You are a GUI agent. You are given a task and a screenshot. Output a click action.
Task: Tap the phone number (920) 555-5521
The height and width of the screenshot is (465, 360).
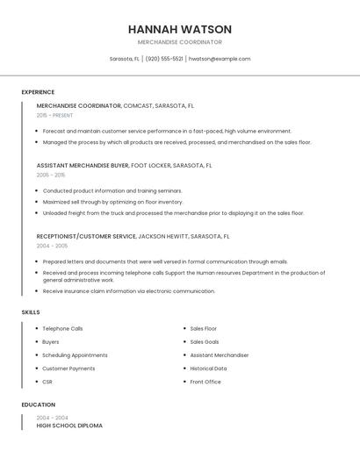pyautogui.click(x=164, y=59)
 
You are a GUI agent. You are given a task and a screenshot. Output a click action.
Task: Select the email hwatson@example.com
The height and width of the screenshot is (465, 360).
pyautogui.click(x=220, y=59)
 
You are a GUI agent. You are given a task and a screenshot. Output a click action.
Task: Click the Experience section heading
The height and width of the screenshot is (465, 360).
pyautogui.click(x=38, y=92)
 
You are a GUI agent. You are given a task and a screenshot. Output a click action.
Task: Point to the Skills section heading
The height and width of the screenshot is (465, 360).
pyautogui.click(x=31, y=312)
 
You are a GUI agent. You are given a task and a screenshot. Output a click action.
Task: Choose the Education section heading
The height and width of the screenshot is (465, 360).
pyautogui.click(x=39, y=404)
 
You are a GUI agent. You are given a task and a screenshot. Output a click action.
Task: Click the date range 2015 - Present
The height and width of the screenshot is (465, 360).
pyautogui.click(x=54, y=115)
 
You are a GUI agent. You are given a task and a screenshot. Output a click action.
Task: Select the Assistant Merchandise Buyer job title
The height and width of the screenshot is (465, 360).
pyautogui.click(x=83, y=165)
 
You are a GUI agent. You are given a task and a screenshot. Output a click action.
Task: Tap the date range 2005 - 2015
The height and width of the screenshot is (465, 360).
pyautogui.click(x=51, y=175)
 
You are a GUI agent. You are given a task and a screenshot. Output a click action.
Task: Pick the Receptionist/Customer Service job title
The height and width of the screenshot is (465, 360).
pyautogui.click(x=86, y=236)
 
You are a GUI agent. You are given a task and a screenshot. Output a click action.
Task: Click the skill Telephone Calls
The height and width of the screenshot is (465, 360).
pyautogui.click(x=62, y=328)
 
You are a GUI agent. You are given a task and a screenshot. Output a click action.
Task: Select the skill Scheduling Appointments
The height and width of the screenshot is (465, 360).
pyautogui.click(x=75, y=355)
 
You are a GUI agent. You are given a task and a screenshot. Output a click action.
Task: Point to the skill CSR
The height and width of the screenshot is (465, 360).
pyautogui.click(x=47, y=382)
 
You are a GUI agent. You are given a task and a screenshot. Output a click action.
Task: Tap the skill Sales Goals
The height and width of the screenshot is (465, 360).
pyautogui.click(x=205, y=342)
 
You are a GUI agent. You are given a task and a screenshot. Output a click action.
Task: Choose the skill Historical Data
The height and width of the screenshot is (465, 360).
pyautogui.click(x=208, y=368)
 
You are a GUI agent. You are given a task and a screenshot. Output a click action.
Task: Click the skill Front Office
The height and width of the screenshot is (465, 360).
pyautogui.click(x=205, y=382)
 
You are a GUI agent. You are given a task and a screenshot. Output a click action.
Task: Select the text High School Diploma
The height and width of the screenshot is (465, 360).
pyautogui.click(x=69, y=425)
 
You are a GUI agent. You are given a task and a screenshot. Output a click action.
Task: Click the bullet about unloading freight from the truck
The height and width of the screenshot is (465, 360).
pyautogui.click(x=173, y=213)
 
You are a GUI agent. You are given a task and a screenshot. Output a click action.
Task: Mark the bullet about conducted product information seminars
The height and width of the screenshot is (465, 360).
pyautogui.click(x=112, y=190)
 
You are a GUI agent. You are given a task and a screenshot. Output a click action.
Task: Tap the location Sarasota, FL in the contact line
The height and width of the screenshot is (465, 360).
pyautogui.click(x=124, y=59)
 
